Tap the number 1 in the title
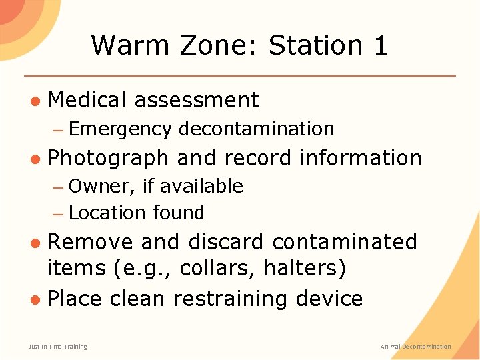click(380, 45)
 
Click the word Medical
click(87, 100)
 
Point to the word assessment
click(196, 100)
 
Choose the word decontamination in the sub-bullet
click(256, 129)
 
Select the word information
click(361, 158)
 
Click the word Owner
click(101, 186)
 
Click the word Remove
click(90, 241)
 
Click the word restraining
click(225, 298)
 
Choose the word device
click(329, 298)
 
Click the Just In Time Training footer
click(57, 347)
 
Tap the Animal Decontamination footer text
click(415, 347)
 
